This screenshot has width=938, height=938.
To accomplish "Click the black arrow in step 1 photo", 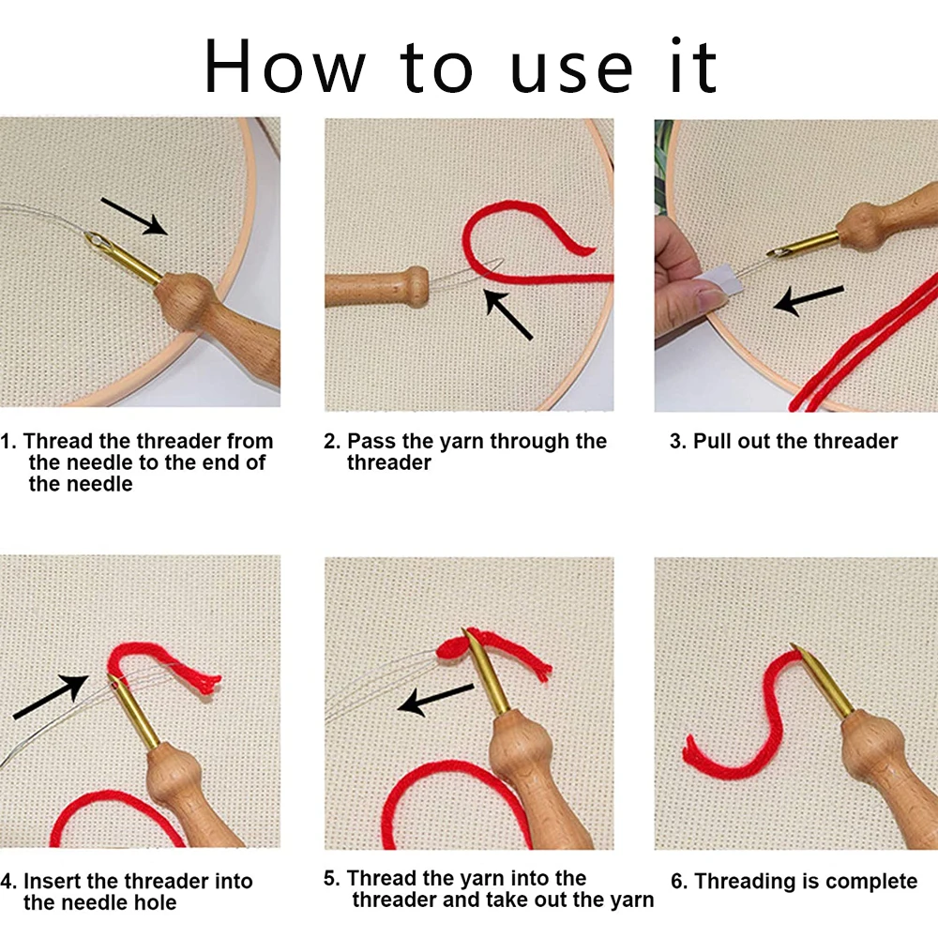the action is pos(134,216).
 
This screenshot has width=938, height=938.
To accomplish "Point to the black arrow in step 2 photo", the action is pos(507,314).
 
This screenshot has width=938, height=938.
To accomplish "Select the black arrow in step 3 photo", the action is pos(809,299).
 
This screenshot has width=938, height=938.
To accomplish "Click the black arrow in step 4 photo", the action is pos(51,696).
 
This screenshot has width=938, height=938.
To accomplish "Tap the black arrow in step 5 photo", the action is pos(436,700).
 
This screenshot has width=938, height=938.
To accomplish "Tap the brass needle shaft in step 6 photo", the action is pos(822,681).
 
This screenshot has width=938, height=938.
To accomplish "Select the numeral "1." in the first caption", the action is pos(8,442).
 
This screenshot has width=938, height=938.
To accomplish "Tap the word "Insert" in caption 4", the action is pos(52,881).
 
